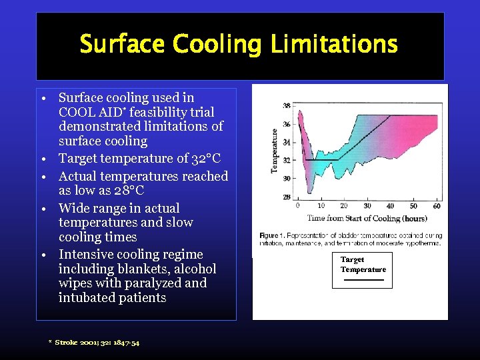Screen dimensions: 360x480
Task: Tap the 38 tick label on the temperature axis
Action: click(287, 105)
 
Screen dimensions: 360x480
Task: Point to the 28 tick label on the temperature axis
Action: click(287, 197)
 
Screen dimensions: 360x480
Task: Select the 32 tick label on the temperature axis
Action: click(287, 161)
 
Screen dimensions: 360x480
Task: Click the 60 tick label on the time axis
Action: click(436, 207)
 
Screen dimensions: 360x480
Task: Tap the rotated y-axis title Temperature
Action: click(274, 151)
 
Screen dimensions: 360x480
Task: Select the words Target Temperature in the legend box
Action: click(363, 265)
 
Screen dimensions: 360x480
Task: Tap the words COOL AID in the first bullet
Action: click(87, 112)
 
